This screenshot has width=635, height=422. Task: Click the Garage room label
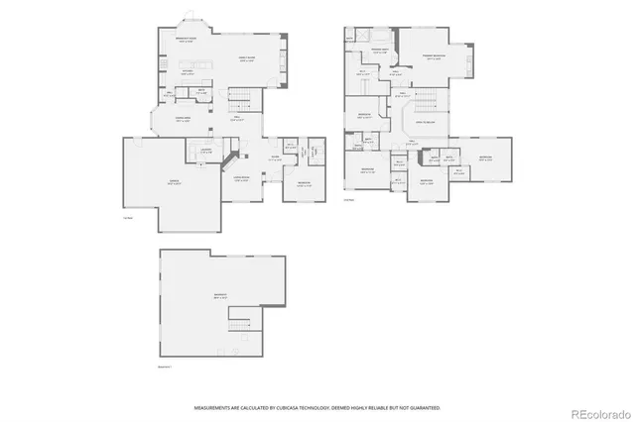pos(174,183)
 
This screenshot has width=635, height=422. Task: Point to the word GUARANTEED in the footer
pos(421,407)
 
